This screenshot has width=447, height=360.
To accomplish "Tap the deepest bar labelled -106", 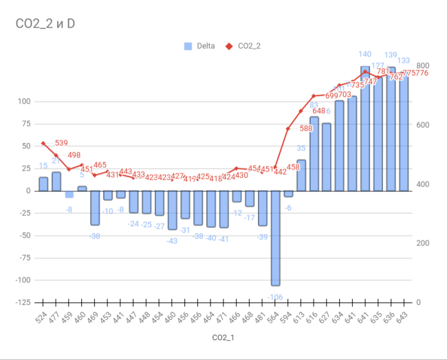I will tap(275, 238).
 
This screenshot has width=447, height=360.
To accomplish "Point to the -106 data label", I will tap(275, 296).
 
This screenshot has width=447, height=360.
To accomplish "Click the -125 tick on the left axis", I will tap(25, 302).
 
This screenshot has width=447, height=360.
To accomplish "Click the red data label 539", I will tap(61, 143).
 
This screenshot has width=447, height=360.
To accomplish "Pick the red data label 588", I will tap(306, 128).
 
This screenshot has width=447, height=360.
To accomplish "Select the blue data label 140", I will tap(365, 54).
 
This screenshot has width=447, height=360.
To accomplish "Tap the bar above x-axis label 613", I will tap(301, 175).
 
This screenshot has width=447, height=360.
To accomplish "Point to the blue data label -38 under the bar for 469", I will tap(95, 236).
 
